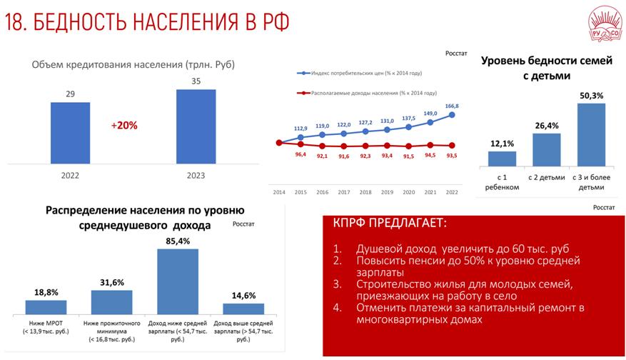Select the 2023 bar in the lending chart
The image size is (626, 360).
coord(196,126)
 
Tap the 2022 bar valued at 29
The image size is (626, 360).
coord(70,133)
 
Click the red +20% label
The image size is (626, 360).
coord(124,126)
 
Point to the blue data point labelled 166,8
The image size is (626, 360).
coord(452,115)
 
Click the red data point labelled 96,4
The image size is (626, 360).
coord(301,144)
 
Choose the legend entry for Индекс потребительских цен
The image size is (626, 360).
coord(359,73)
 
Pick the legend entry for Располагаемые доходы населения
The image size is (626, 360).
coord(367,93)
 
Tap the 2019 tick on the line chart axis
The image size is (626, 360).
coord(387,192)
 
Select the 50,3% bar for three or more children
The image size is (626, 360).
coord(591,135)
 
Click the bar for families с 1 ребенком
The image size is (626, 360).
coord(503,159)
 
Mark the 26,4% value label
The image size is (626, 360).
coord(547,126)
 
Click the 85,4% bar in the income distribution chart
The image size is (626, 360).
coord(178,281)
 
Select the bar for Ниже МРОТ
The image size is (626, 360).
coord(46,307)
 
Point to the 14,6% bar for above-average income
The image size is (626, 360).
coord(243,309)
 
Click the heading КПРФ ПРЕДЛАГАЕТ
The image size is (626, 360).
coord(390,223)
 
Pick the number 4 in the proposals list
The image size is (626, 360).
coord(338,308)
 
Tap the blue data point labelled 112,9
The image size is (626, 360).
coord(301,137)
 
